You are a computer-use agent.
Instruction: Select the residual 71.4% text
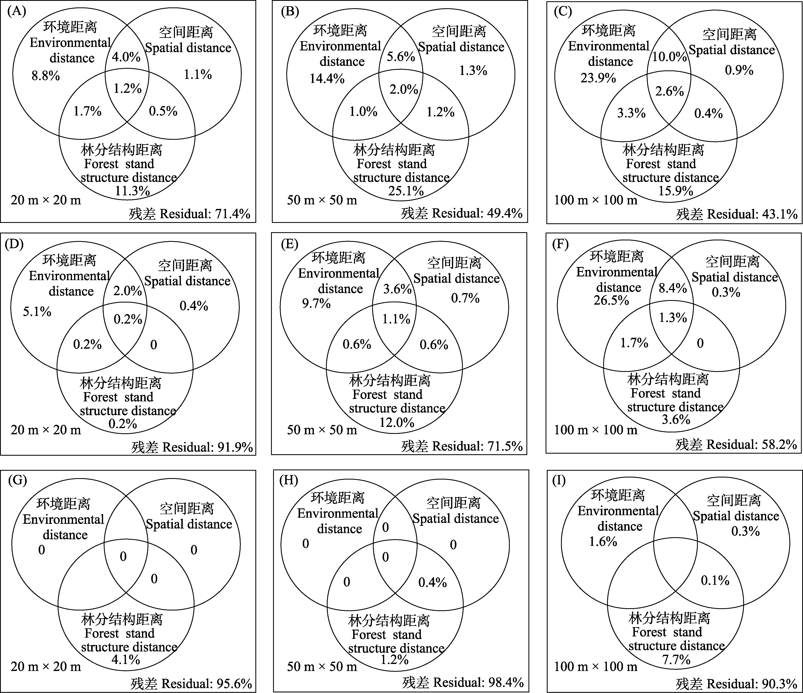[x=190, y=214]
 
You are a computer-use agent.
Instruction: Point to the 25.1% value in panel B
[x=406, y=191]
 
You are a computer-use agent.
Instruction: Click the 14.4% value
[x=327, y=79]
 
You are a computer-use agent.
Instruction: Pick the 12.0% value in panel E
[x=397, y=422]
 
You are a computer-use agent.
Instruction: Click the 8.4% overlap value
[x=673, y=288]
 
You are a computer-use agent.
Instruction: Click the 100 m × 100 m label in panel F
[x=596, y=429]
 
